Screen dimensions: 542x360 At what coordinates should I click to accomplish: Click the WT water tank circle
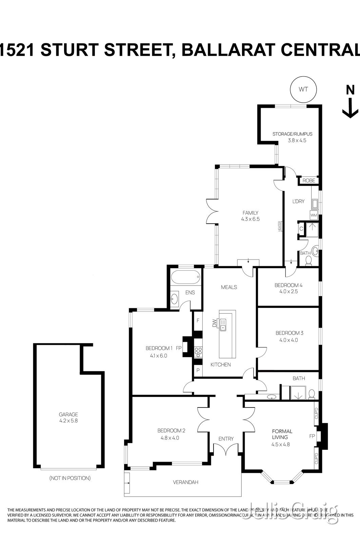(303, 89)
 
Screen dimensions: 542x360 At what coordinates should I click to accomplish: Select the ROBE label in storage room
(309, 181)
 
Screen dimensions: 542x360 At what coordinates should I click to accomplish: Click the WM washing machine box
(314, 215)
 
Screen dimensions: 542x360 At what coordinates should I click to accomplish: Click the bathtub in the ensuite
(185, 278)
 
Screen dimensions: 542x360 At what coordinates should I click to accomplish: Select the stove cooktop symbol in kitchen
(198, 352)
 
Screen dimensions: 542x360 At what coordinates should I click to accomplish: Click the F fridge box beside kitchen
(198, 320)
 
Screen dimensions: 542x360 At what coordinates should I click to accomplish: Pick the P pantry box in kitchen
(198, 371)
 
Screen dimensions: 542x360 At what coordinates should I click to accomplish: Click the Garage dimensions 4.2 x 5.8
(68, 421)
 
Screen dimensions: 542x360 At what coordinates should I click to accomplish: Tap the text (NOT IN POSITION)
(70, 478)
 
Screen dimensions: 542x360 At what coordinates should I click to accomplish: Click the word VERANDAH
(185, 482)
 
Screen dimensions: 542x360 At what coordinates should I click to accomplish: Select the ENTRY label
(226, 439)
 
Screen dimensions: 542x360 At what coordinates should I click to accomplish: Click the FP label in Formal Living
(312, 436)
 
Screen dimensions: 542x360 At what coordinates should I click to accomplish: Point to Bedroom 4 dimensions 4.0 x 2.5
(288, 291)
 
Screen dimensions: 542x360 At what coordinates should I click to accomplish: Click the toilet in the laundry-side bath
(308, 260)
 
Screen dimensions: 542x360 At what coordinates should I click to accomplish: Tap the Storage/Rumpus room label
(292, 134)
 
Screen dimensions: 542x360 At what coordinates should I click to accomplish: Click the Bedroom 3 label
(289, 333)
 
